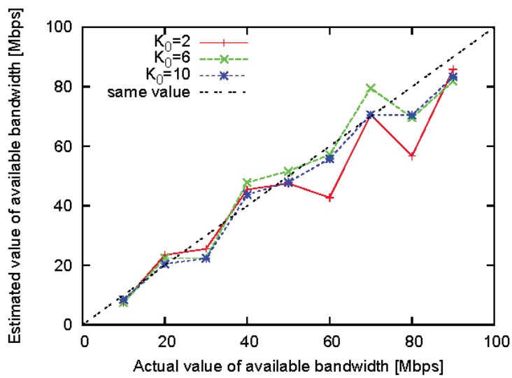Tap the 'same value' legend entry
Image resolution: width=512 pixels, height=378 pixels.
click(178, 91)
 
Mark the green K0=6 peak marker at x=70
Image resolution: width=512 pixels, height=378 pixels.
click(371, 88)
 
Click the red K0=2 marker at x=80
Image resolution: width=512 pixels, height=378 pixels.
click(413, 155)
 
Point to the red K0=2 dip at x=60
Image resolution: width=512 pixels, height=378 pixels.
click(330, 197)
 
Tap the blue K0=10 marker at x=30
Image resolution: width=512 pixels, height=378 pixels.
click(206, 258)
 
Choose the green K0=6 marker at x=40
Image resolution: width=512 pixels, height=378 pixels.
click(248, 183)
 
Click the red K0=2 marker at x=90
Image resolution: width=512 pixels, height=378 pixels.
click(454, 70)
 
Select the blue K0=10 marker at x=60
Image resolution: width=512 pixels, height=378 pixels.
click(330, 159)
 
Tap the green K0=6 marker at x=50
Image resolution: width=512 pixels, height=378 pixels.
click(289, 171)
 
